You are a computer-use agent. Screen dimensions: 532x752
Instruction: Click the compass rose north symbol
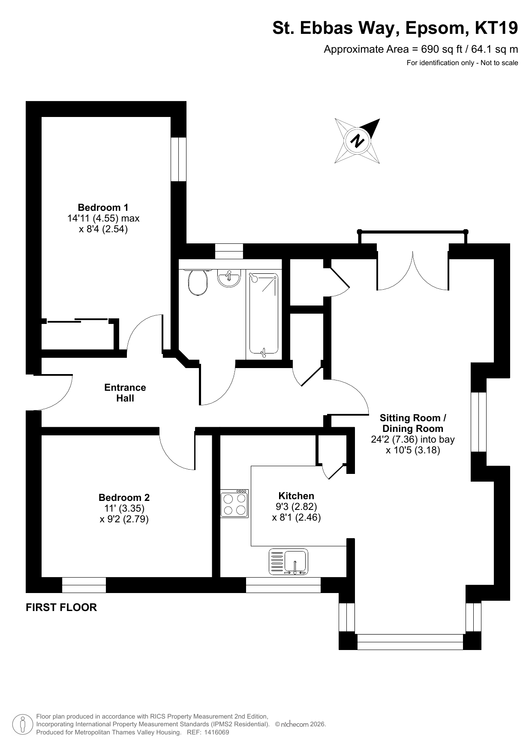[x=357, y=141]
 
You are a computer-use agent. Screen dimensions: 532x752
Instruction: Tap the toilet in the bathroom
[x=198, y=282]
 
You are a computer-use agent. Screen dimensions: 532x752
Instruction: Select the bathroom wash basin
[x=229, y=279]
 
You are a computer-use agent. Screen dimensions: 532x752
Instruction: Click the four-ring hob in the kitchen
[x=234, y=503]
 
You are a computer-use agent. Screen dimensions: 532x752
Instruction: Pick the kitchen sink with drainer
[x=288, y=562]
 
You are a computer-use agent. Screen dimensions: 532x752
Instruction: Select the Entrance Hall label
[x=125, y=393]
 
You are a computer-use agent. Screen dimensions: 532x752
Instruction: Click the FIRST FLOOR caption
[x=61, y=608]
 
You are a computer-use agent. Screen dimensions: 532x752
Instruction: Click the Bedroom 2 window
[x=84, y=585]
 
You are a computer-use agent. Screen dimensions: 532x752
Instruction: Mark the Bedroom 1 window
[x=179, y=159]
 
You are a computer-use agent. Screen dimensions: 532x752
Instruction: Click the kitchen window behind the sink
[x=283, y=585]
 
